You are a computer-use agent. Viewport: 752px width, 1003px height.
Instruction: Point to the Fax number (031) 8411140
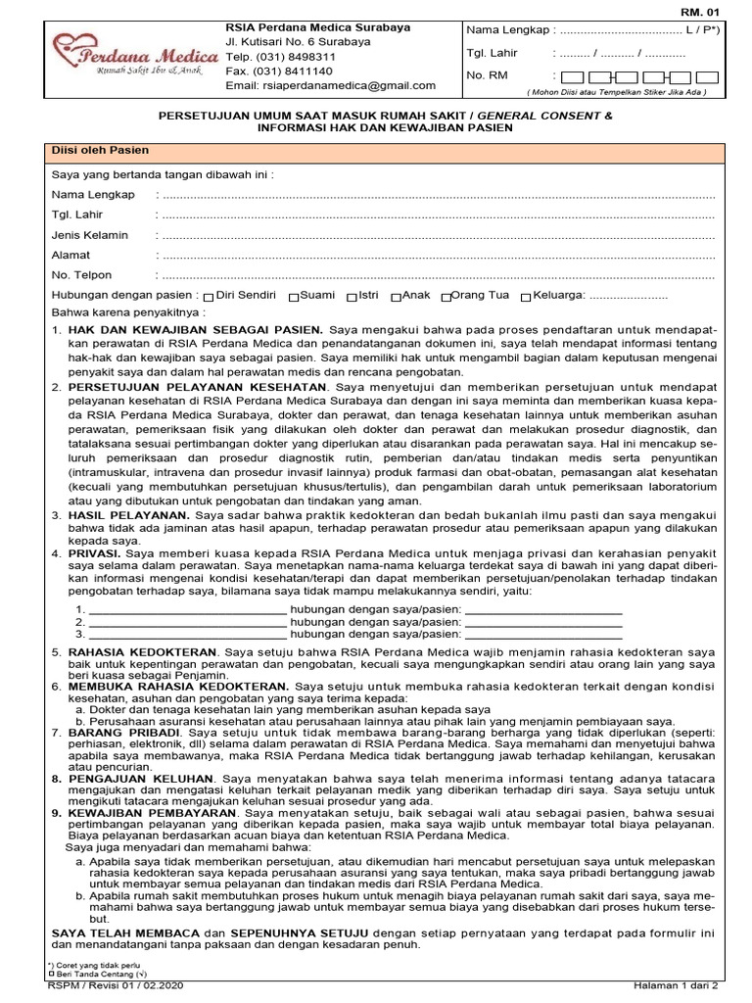tap(279, 72)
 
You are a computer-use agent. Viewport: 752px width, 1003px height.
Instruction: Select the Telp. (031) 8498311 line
tap(280, 57)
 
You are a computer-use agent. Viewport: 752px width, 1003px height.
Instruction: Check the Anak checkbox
tap(396, 296)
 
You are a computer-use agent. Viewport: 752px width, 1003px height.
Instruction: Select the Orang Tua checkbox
tap(446, 296)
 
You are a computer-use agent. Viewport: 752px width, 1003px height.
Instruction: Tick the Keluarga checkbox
tap(526, 296)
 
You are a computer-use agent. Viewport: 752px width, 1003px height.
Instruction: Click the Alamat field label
tap(70, 255)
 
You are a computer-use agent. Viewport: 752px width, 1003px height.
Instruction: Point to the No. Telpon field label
tap(81, 275)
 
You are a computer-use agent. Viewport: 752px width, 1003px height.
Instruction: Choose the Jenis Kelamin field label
tap(89, 235)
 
